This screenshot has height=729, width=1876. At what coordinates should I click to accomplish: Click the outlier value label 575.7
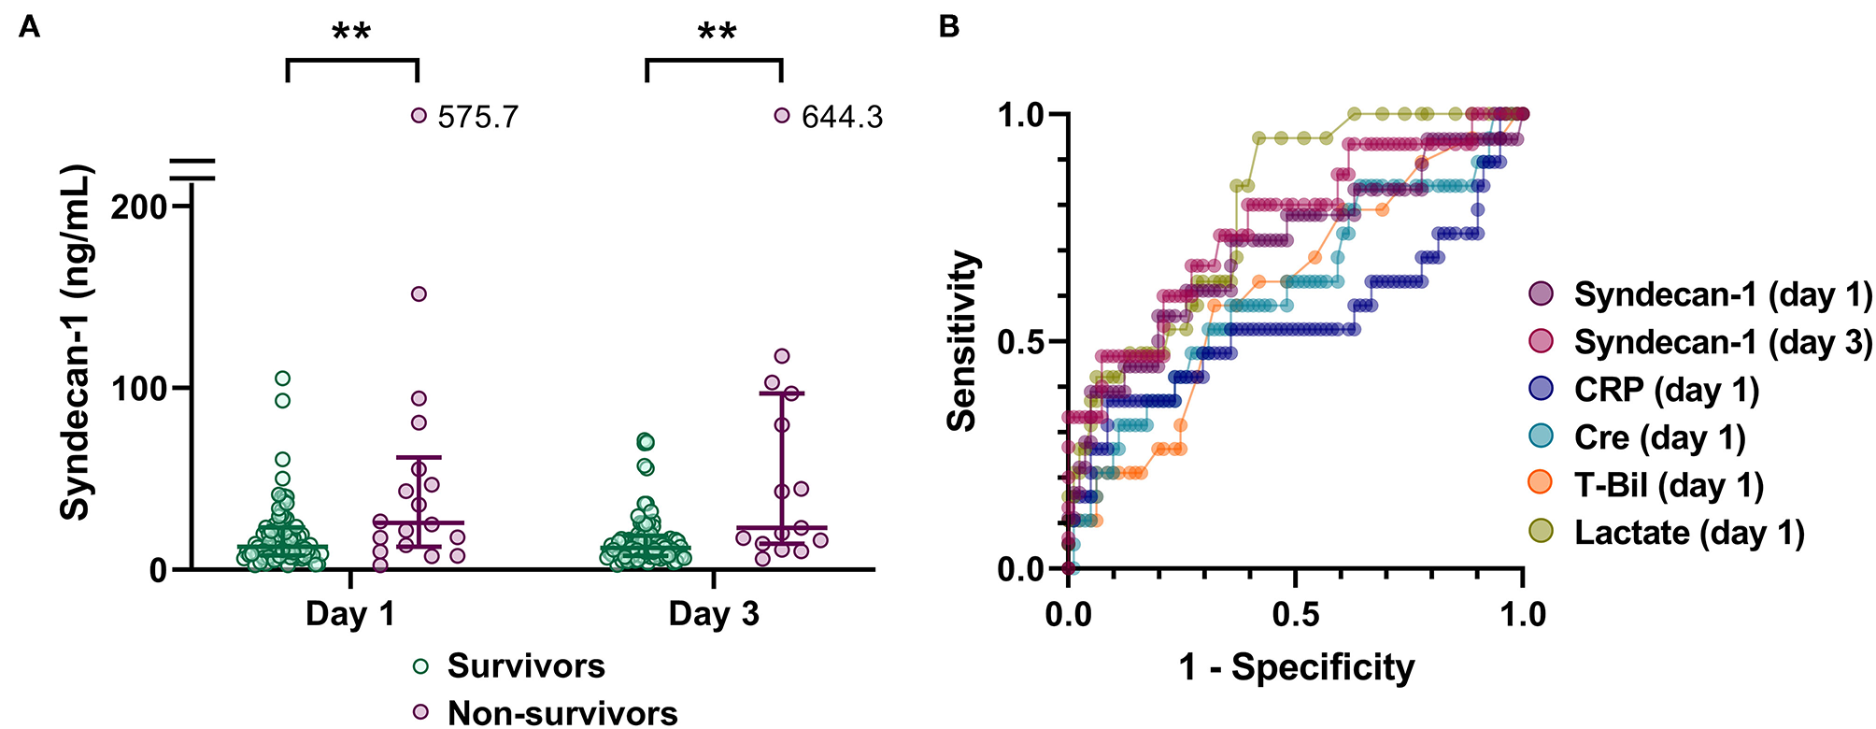tap(477, 117)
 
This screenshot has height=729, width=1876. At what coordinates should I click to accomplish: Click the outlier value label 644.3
tap(842, 117)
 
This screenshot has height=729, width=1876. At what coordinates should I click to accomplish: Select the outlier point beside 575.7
tap(419, 116)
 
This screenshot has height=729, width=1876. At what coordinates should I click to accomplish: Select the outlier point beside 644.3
tap(782, 116)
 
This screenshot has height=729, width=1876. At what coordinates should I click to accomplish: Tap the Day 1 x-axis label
tap(350, 614)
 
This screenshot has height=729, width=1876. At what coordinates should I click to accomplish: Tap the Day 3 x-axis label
tap(714, 614)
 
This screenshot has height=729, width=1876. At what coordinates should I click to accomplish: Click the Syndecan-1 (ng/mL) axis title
tap(77, 342)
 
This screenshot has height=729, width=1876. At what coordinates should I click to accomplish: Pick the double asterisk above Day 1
tap(351, 34)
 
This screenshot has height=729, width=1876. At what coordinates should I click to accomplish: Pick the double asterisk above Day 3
tap(717, 34)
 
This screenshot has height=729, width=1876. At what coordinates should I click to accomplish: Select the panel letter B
tap(948, 27)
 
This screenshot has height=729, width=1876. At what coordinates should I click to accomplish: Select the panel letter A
tap(29, 27)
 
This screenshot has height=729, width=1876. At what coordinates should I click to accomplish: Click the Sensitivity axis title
tap(962, 342)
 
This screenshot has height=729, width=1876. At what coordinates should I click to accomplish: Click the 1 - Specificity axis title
tap(1296, 667)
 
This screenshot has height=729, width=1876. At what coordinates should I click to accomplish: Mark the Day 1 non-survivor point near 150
tap(419, 293)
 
